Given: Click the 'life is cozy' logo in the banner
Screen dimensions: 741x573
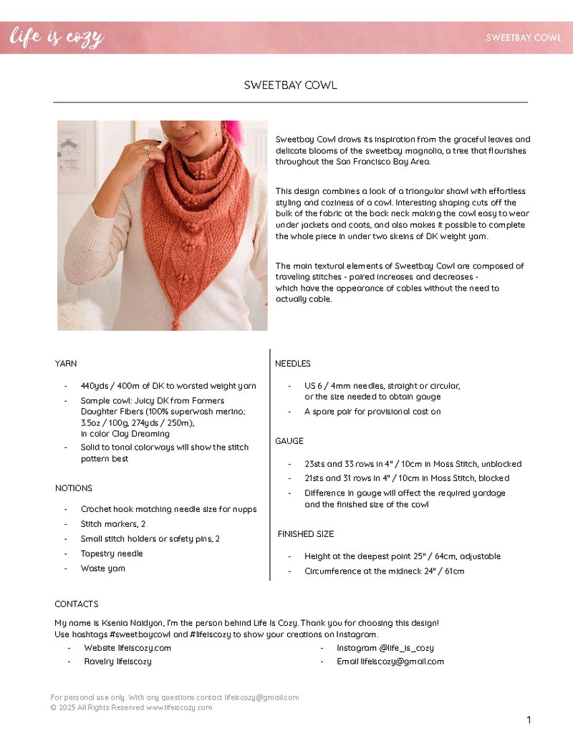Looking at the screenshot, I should (x=57, y=37).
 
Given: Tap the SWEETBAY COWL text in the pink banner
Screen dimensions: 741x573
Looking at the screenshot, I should (x=523, y=38).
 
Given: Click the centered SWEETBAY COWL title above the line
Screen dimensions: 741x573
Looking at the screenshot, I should (x=290, y=85).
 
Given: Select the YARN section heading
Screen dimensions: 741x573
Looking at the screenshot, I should (x=66, y=364).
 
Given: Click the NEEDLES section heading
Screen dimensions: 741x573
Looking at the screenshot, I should (x=293, y=364).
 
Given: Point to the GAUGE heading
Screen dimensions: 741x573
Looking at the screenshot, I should (x=289, y=441).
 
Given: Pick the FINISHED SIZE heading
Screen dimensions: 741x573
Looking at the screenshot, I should (x=306, y=534).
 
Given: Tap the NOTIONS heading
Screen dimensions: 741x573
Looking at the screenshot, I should (x=74, y=488).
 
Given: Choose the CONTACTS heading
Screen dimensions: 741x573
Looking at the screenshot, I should (x=77, y=604).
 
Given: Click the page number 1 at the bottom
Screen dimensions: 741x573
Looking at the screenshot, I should (x=529, y=720).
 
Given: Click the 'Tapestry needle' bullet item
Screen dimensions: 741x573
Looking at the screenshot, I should (x=112, y=553).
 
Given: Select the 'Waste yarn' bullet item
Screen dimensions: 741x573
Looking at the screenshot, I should (x=103, y=568).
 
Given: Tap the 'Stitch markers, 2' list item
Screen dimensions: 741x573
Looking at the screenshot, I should (x=113, y=524).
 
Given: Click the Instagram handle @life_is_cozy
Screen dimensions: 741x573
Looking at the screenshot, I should (x=385, y=648).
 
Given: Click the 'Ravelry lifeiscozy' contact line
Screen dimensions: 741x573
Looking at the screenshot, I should (x=117, y=662).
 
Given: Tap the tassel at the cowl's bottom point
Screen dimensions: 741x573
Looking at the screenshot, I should (x=175, y=324).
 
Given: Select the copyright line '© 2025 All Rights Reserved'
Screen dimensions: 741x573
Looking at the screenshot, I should (x=131, y=708).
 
